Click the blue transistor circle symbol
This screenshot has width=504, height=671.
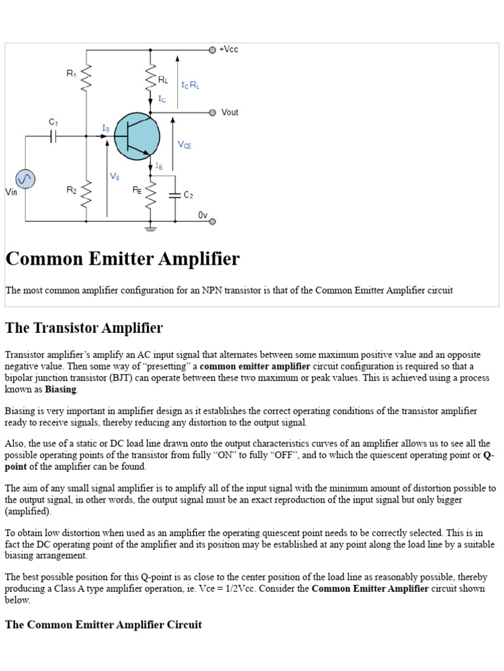pyautogui.click(x=136, y=136)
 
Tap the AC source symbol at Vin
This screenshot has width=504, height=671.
pyautogui.click(x=25, y=179)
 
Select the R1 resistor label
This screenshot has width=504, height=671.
pyautogui.click(x=71, y=74)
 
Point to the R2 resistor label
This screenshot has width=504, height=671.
pyautogui.click(x=71, y=190)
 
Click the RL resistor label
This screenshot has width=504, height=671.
pyautogui.click(x=163, y=80)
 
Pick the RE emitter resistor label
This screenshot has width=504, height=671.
pyautogui.click(x=137, y=190)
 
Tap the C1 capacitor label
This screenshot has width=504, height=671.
pyautogui.click(x=53, y=122)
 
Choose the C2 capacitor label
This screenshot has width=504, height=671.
pyautogui.click(x=188, y=195)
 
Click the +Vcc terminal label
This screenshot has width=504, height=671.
pyautogui.click(x=229, y=50)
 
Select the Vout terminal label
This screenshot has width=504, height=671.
pyautogui.click(x=230, y=113)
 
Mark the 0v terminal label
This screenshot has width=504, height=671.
pyautogui.click(x=203, y=215)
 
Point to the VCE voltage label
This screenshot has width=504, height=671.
pyautogui.click(x=184, y=145)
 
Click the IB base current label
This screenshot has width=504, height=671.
pyautogui.click(x=106, y=128)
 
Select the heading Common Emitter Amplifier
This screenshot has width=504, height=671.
pyautogui.click(x=123, y=259)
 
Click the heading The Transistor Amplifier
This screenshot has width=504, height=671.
pyautogui.click(x=84, y=328)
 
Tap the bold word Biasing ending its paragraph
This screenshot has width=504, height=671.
pyautogui.click(x=60, y=389)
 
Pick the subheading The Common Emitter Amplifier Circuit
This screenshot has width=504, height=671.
pyautogui.click(x=103, y=624)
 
